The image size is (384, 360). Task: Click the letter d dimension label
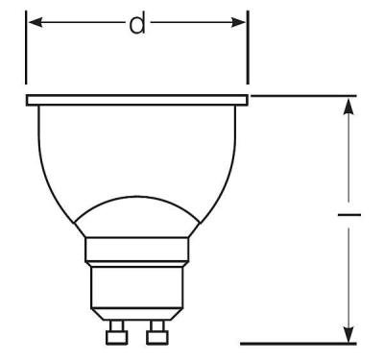click(x=137, y=23)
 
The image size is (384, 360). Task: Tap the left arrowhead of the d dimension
click(x=33, y=22)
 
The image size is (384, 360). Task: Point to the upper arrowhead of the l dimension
click(x=348, y=106)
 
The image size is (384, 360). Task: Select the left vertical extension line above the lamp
click(x=26, y=48)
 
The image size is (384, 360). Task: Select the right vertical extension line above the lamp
click(x=248, y=48)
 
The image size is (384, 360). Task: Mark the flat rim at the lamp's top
click(x=137, y=99)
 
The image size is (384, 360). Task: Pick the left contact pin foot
click(x=118, y=335)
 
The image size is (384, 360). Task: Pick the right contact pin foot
click(x=156, y=335)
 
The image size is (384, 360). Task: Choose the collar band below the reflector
click(x=136, y=252)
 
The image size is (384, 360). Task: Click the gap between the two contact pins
click(x=136, y=331)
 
